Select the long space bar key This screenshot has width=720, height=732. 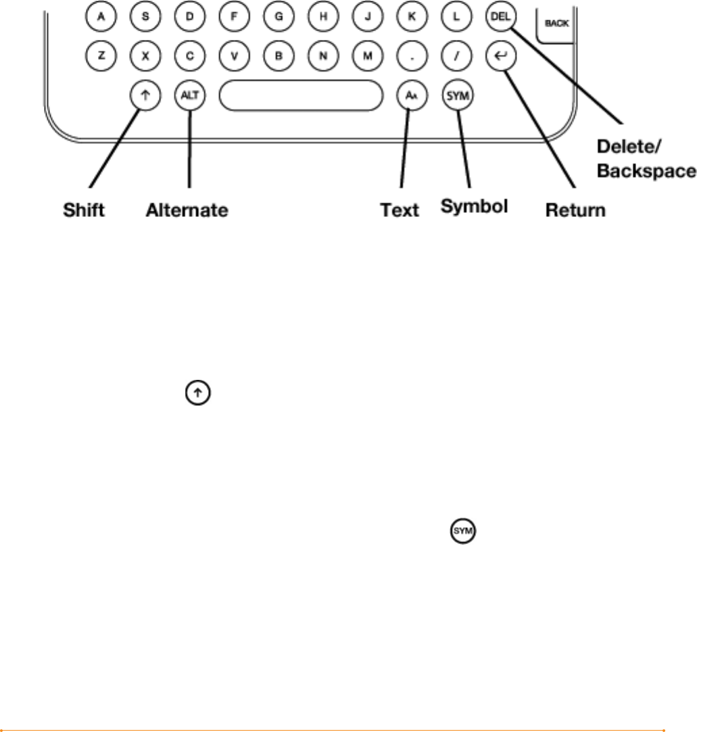[299, 96]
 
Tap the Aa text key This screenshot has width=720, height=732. [410, 96]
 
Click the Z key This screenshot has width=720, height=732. [101, 57]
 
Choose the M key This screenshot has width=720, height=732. [368, 57]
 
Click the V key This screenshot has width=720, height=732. [235, 57]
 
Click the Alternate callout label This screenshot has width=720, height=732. [187, 211]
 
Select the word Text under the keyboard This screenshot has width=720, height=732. [400, 211]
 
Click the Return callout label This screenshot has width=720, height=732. [575, 211]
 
